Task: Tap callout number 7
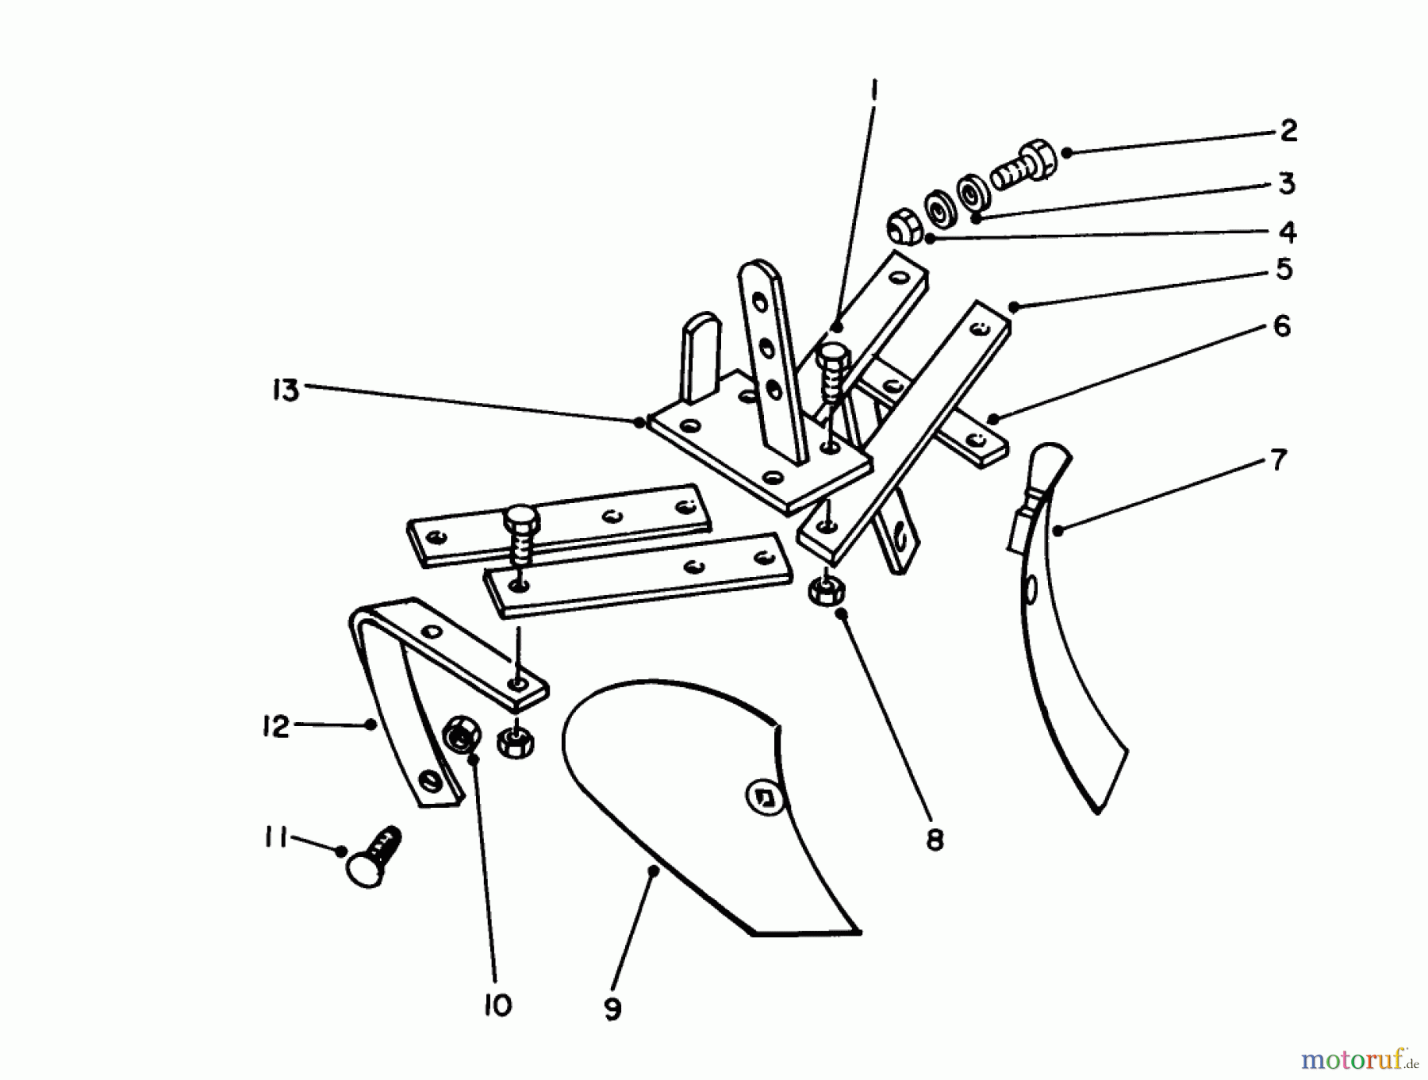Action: (1278, 459)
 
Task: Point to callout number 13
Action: (286, 390)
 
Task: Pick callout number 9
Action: (612, 1009)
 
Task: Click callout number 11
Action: (275, 838)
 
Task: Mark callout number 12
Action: (276, 726)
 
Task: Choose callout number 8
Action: (935, 840)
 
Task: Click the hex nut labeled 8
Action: (826, 591)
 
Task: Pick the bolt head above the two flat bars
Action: (520, 518)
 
